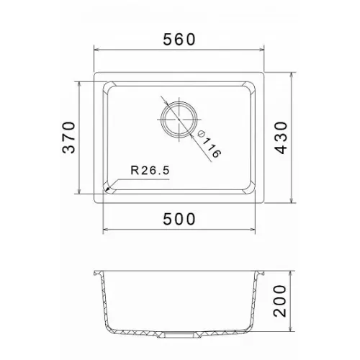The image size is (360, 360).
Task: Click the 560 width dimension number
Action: [179, 40]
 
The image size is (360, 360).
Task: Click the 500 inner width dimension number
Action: [179, 219]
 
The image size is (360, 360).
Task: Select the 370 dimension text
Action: [68, 138]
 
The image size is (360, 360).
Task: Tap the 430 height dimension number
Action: [281, 138]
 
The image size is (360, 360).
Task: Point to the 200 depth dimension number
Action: [280, 301]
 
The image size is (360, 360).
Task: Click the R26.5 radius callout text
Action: [150, 171]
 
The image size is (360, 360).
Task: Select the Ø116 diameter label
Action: [208, 145]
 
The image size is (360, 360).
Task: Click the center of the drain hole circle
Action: [179, 120]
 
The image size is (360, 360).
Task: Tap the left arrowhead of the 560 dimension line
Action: [96, 50]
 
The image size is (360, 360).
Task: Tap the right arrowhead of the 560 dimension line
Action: [261, 50]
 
